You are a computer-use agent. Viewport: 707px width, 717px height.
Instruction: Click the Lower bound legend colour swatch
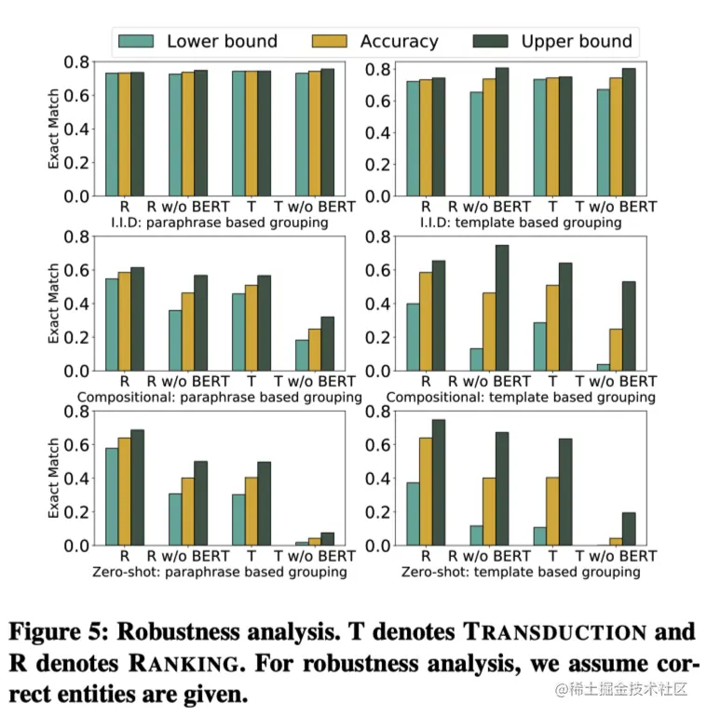click(x=136, y=41)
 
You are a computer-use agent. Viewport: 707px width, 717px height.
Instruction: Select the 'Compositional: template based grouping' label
click(x=520, y=398)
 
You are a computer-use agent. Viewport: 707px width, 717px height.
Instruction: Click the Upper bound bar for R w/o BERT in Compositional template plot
click(x=501, y=308)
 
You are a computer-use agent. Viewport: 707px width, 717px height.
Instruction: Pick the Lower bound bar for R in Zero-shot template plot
click(x=413, y=514)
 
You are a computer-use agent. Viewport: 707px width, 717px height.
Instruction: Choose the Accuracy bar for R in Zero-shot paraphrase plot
click(x=125, y=492)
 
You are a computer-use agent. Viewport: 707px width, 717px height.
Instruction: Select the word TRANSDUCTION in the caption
click(x=554, y=632)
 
